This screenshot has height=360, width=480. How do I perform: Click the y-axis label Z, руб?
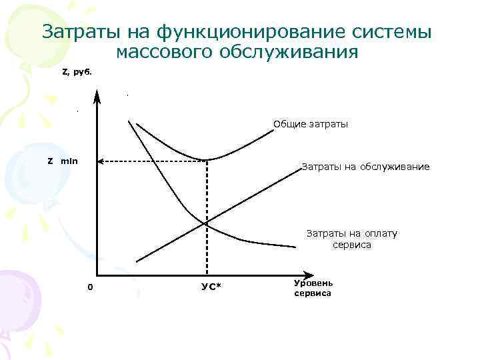[75, 71]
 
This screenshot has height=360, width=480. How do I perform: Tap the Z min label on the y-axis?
[62, 161]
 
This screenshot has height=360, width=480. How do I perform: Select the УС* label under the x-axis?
[211, 287]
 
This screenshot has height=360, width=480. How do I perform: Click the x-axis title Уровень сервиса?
[312, 287]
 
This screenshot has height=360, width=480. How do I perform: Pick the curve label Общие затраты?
[311, 124]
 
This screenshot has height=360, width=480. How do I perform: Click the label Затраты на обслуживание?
[365, 166]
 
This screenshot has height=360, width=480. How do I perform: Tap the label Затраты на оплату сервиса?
[351, 239]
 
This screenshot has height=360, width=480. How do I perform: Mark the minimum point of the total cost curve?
[207, 160]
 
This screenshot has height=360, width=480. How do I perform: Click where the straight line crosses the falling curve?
[207, 223]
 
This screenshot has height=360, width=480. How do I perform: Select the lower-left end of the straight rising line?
[136, 261]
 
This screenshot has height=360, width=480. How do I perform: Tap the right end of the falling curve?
[295, 247]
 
